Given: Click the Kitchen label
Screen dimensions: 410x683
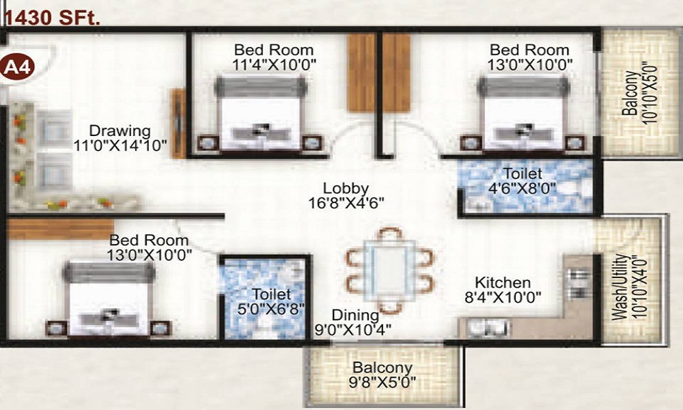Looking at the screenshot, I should pos(503,282).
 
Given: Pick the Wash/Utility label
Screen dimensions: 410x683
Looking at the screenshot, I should pos(619,288).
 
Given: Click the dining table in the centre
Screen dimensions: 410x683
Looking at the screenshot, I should pos(389,269).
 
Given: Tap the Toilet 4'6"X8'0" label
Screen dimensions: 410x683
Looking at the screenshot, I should pos(522,174).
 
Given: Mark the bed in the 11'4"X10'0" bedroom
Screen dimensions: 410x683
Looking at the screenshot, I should pos(260,113).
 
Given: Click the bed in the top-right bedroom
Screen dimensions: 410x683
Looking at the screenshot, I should pos(522,113).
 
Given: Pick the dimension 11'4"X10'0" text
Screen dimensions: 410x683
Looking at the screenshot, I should pos(274,65).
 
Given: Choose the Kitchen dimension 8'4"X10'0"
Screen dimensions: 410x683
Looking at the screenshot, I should pos(508,297).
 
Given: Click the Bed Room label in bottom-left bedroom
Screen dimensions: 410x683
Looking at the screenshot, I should pos(149,241).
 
